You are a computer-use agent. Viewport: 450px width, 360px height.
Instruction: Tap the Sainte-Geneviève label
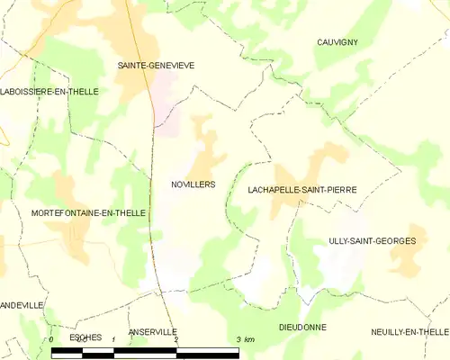click(157, 66)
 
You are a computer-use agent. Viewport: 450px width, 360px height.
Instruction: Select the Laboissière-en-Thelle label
click(49, 92)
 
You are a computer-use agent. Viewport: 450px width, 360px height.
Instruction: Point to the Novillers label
click(193, 184)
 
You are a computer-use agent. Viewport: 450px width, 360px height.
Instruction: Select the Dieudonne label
click(302, 327)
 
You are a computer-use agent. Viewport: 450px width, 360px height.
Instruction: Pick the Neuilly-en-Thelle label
click(409, 332)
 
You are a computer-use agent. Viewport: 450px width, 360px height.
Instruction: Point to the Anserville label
click(153, 332)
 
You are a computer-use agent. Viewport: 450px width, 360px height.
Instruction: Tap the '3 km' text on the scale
click(245, 339)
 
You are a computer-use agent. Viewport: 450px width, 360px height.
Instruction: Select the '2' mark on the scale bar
click(176, 339)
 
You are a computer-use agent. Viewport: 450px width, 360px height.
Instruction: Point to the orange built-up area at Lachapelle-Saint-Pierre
click(292, 175)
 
